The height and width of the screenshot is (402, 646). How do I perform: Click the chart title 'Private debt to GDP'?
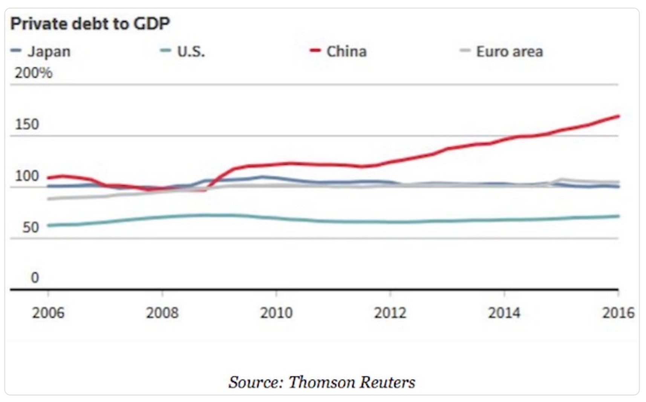pyautogui.click(x=90, y=24)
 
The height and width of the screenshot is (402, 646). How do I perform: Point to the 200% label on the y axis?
pyautogui.click(x=34, y=73)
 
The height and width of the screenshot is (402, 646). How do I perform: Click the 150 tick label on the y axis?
pyautogui.click(x=27, y=124)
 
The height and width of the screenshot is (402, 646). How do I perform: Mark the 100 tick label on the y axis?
pyautogui.click(x=27, y=176)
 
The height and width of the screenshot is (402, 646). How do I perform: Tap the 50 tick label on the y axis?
pyautogui.click(x=31, y=227)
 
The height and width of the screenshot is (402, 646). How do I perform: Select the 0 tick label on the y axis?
pyautogui.click(x=35, y=278)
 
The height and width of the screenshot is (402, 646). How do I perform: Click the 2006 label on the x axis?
pyautogui.click(x=48, y=313)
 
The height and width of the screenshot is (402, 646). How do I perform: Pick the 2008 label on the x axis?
pyautogui.click(x=162, y=313)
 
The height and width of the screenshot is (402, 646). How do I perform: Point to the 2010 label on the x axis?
pyautogui.click(x=276, y=313)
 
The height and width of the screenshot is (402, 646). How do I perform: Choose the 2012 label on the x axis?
pyautogui.click(x=390, y=313)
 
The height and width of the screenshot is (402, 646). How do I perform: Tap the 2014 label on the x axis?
pyautogui.click(x=504, y=313)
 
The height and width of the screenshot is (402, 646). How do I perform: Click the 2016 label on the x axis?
pyautogui.click(x=618, y=313)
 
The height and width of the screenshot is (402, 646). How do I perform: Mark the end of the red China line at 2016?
pyautogui.click(x=618, y=116)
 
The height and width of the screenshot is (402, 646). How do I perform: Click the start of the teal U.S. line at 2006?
pyautogui.click(x=49, y=226)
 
